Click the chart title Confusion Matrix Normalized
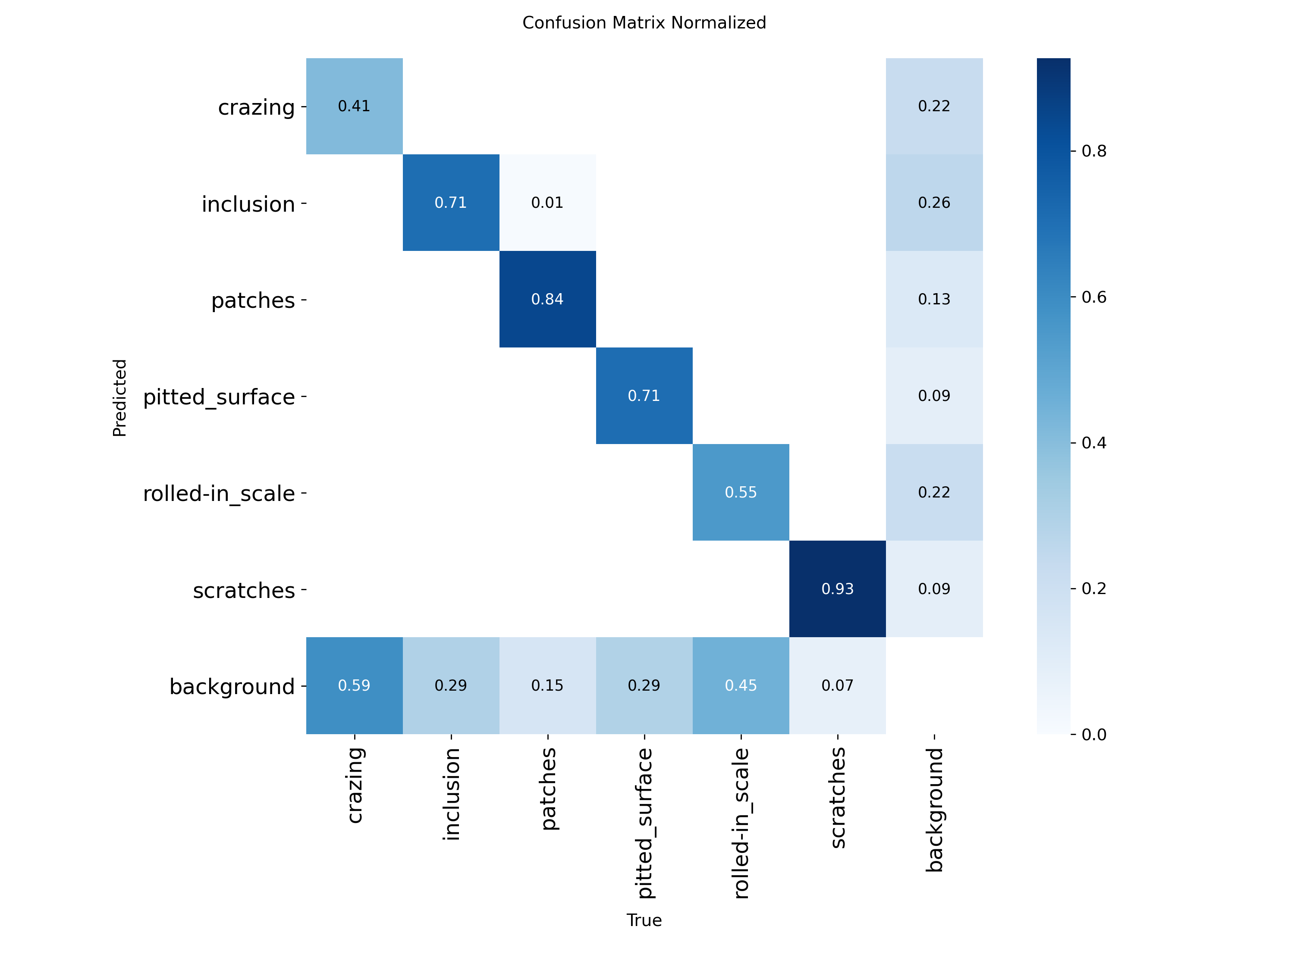644,23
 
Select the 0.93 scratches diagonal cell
837,589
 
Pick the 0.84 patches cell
547,299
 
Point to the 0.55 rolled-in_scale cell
741,492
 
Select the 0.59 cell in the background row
354,685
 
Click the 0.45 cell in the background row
741,685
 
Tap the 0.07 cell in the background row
837,685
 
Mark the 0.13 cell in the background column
934,299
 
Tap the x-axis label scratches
838,798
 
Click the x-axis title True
644,920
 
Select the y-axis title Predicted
119,397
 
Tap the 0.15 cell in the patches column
547,685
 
